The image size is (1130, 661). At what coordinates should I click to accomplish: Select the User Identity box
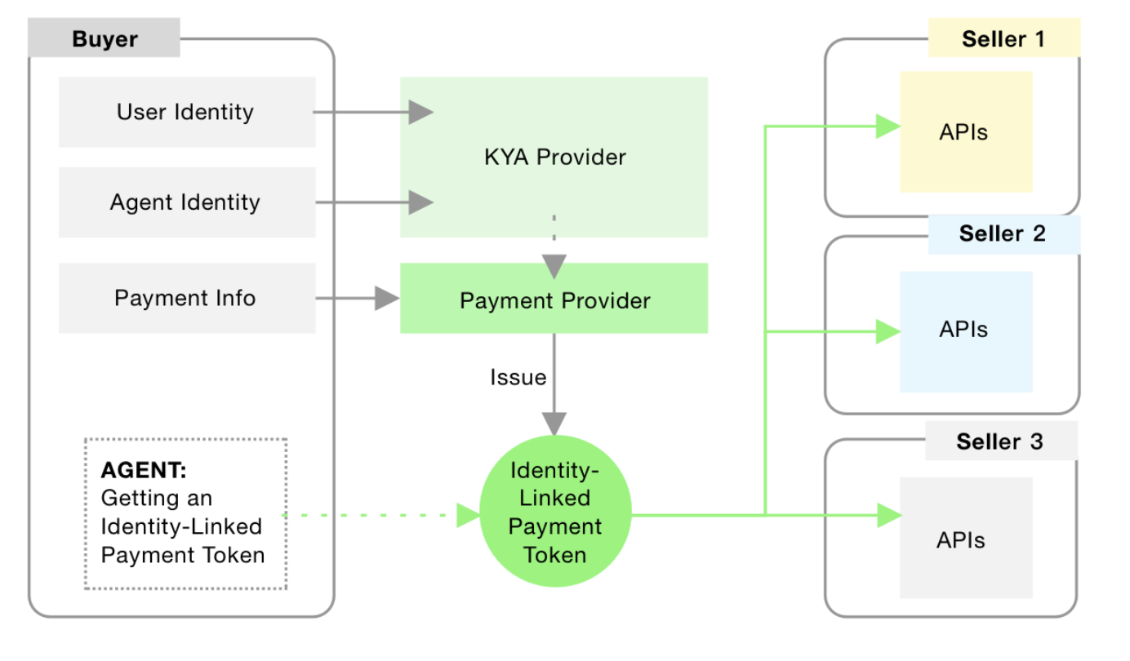coord(187,112)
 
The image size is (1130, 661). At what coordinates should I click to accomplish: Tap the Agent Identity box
coord(187,202)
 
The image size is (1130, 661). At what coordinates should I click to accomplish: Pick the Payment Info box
coord(187,298)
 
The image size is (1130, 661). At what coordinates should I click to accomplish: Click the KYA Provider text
coord(555,157)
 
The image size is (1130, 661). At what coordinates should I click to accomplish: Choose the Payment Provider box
coord(554,298)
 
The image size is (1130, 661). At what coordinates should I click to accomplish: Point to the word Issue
coord(518,378)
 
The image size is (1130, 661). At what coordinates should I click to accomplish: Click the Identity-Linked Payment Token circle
coord(555,511)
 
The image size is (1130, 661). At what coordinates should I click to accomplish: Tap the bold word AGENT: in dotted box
coord(144,470)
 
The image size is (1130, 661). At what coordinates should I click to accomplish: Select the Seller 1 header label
coord(1004,38)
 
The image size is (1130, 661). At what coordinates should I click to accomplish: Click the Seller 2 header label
coord(1004,234)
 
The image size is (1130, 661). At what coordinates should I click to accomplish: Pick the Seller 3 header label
coord(1001,441)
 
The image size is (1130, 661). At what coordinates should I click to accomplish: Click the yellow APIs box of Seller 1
coord(966,131)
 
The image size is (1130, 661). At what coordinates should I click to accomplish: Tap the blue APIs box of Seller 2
coord(966,332)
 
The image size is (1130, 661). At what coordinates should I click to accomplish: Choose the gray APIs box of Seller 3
coord(966,538)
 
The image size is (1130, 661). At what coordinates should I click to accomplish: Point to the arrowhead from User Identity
coord(421,112)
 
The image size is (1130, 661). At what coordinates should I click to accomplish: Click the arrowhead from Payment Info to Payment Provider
coord(388,298)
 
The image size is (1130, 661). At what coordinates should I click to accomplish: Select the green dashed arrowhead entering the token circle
coord(469,515)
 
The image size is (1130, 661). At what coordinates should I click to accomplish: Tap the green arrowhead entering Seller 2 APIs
coord(888,332)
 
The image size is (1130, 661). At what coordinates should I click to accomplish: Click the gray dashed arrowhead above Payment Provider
coord(554,267)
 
